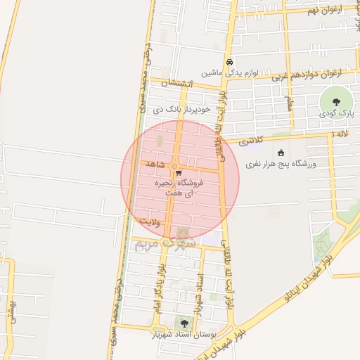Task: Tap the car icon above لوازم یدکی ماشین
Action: pos(230,61)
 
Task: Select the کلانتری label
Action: pos(250,141)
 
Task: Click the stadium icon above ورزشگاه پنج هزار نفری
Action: pos(281,153)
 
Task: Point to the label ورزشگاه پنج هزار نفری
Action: pos(281,164)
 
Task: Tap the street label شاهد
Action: pos(156,164)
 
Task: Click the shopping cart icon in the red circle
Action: pos(179,172)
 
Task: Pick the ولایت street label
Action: pos(150,221)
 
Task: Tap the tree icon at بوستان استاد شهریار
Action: pos(184,323)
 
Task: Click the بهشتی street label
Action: pos(10,308)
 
